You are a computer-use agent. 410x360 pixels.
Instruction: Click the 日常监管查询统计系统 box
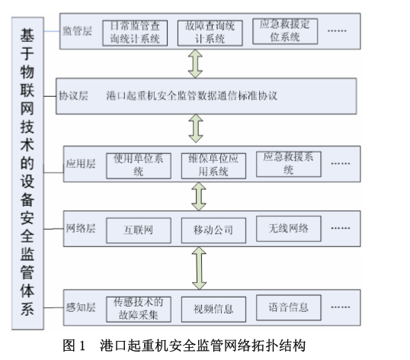tap(135, 34)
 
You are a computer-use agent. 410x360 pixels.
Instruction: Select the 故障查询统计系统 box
tap(210, 34)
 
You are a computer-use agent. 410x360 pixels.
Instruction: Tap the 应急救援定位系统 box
tap(285, 31)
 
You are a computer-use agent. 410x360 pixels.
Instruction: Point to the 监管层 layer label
tap(78, 31)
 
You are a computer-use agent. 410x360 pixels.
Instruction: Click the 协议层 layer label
tap(73, 96)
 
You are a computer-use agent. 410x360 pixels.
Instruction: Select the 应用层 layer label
tap(81, 164)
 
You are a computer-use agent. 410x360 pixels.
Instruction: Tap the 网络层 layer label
tap(81, 228)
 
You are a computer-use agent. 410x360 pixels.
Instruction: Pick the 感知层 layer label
tap(81, 307)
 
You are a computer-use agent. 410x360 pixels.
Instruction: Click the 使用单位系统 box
tap(139, 166)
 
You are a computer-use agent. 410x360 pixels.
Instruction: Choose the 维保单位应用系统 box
tap(213, 166)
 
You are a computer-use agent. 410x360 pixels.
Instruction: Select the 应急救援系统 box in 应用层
tap(289, 164)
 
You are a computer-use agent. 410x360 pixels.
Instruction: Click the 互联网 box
tap(139, 230)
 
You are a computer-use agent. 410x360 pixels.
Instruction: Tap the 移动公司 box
tap(213, 230)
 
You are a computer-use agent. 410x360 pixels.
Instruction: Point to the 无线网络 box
tap(289, 229)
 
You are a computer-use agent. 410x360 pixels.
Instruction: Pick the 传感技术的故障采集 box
tap(139, 309)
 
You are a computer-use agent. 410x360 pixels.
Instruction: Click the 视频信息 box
tap(213, 309)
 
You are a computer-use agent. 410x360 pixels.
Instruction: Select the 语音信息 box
tap(289, 307)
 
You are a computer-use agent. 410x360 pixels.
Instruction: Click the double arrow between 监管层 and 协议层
tap(195, 64)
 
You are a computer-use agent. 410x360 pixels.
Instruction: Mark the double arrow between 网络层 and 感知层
tap(199, 268)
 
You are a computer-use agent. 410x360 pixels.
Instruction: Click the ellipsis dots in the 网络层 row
tap(341, 228)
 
